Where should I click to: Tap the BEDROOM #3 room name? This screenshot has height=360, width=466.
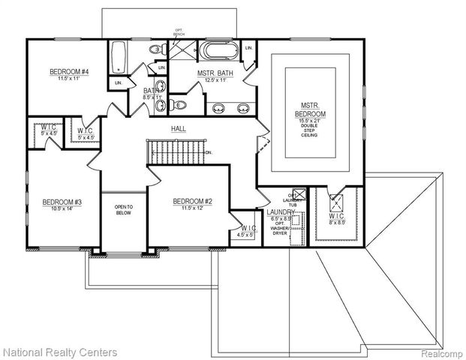pyautogui.click(x=62, y=202)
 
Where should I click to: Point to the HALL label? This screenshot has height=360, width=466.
pyautogui.click(x=179, y=129)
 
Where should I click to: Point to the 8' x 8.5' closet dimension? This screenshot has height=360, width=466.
pyautogui.click(x=337, y=223)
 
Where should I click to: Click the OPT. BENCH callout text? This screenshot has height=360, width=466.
pyautogui.click(x=179, y=34)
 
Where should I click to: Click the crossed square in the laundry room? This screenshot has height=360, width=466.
pyautogui.click(x=298, y=193)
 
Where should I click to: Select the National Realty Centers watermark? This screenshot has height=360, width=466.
pyautogui.click(x=60, y=351)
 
